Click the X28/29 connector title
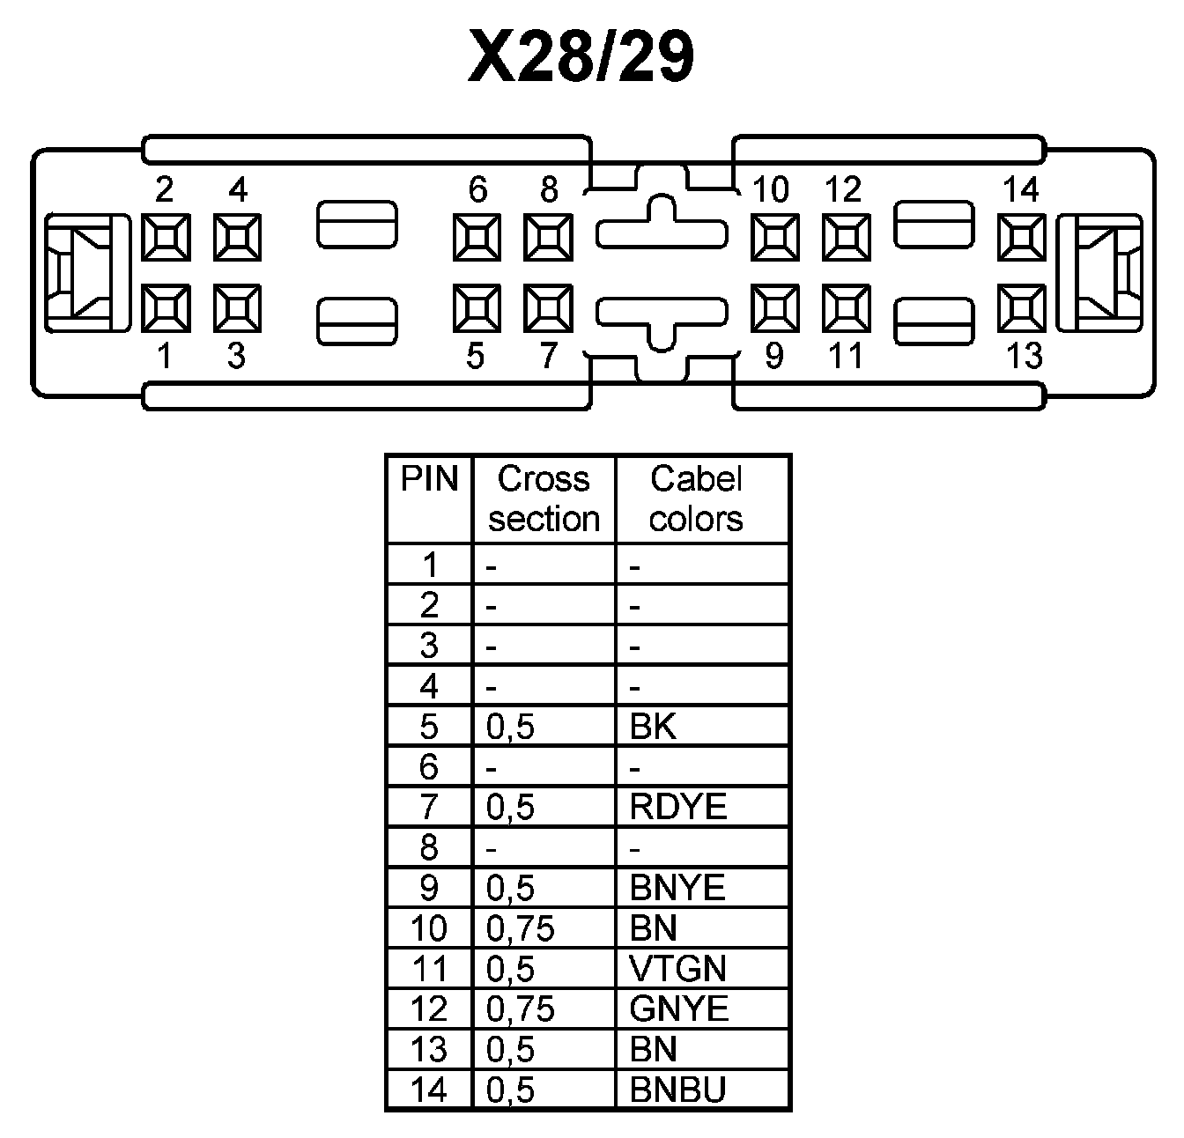tap(581, 59)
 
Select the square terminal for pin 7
tap(548, 308)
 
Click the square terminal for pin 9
tap(775, 308)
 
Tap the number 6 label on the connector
tap(477, 189)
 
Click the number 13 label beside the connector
tap(1024, 357)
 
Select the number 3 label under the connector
tap(236, 357)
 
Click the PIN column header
tap(430, 480)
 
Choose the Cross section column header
tap(544, 499)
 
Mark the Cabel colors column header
tap(696, 499)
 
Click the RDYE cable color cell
tap(678, 807)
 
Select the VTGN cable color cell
tap(677, 969)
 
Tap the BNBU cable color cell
tap(677, 1090)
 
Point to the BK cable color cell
tap(653, 727)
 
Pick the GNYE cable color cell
tap(679, 1009)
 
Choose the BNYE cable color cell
tap(677, 888)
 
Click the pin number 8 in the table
tap(429, 847)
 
